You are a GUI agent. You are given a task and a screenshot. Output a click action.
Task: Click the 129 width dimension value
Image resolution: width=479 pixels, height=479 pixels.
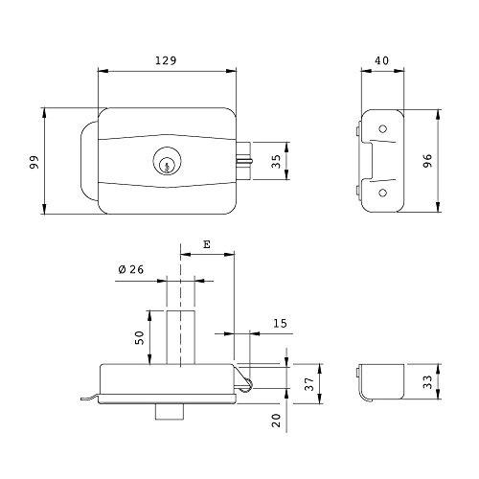(x=166, y=60)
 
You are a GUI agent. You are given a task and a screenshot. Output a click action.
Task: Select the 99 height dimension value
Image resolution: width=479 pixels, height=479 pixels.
(x=34, y=162)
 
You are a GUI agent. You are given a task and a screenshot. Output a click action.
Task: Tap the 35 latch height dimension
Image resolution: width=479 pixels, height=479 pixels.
(x=276, y=161)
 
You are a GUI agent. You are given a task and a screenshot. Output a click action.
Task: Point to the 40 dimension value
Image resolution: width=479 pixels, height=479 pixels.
(x=382, y=60)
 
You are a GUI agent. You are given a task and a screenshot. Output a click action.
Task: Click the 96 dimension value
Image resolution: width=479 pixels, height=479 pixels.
(x=427, y=160)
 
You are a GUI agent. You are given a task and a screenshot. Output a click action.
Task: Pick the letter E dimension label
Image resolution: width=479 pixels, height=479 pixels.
(x=207, y=244)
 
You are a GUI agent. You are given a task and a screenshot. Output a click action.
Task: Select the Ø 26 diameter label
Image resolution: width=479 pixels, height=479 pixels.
(x=131, y=269)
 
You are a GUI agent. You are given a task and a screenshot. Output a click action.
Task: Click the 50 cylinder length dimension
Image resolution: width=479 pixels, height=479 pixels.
(x=140, y=337)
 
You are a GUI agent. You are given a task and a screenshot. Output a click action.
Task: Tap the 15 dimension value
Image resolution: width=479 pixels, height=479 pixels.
(x=280, y=324)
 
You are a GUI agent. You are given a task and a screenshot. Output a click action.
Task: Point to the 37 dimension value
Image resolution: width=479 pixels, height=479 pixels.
(x=309, y=384)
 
